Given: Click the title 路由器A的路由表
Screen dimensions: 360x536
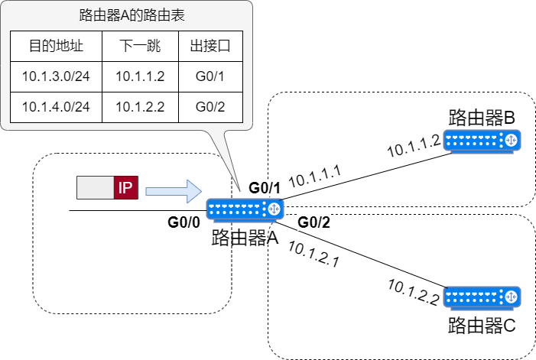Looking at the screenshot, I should pyautogui.click(x=126, y=15).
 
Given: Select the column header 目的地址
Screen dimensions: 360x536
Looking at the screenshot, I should pyautogui.click(x=55, y=47).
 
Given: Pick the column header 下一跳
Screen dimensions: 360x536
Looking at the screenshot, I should pyautogui.click(x=140, y=47).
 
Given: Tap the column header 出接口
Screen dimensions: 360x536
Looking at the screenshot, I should pyautogui.click(x=210, y=47).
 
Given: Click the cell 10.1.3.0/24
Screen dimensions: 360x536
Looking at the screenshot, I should pyautogui.click(x=55, y=76).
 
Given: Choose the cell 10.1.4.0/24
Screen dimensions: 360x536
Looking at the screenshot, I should pyautogui.click(x=55, y=107).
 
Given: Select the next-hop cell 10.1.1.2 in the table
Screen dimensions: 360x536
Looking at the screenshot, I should pyautogui.click(x=140, y=76).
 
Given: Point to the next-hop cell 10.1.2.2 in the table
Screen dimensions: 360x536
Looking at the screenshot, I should pyautogui.click(x=140, y=107).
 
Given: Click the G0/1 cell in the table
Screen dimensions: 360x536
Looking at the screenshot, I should pyautogui.click(x=210, y=76).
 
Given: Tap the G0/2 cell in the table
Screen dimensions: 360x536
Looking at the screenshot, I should pyautogui.click(x=210, y=107).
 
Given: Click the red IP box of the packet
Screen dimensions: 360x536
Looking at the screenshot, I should pyautogui.click(x=125, y=188).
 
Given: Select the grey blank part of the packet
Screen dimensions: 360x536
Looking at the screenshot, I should pyautogui.click(x=95, y=188).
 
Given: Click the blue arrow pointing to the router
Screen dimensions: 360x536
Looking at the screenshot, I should pyautogui.click(x=173, y=190).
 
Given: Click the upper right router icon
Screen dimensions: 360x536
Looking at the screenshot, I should pyautogui.click(x=482, y=141).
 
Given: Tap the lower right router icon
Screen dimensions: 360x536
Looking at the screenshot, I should pyautogui.click(x=482, y=297).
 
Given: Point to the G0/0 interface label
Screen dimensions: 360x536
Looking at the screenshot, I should pyautogui.click(x=184, y=222).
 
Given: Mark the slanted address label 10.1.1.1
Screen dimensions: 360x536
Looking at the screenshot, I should pyautogui.click(x=315, y=175).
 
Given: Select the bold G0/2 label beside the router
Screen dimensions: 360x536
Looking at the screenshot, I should pyautogui.click(x=313, y=222).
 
